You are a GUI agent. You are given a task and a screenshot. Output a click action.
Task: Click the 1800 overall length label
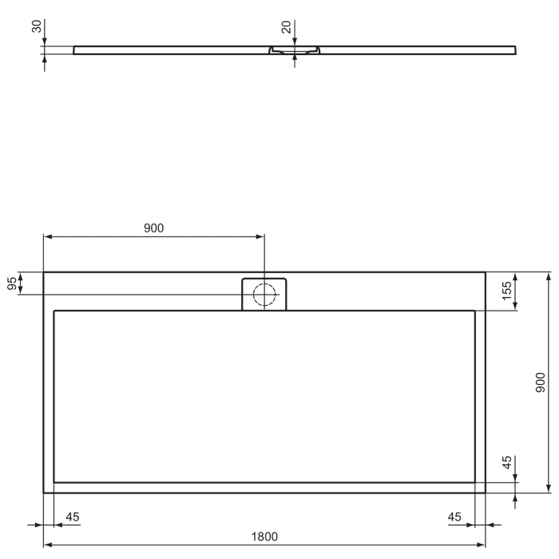pyautogui.click(x=264, y=537)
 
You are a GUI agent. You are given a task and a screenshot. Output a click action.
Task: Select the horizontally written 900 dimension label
pyautogui.click(x=153, y=228)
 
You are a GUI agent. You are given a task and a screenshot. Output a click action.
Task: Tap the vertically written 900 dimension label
pyautogui.click(x=541, y=383)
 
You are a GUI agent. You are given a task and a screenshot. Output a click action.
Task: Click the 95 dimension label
pyautogui.click(x=12, y=283)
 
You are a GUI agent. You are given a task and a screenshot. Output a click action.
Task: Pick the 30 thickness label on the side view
pyautogui.click(x=36, y=27)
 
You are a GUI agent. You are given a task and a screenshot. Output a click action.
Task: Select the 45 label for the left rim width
pyautogui.click(x=72, y=517)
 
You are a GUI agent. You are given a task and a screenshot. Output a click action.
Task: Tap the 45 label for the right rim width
pyautogui.click(x=455, y=517)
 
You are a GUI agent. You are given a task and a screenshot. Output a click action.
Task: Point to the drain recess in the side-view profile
pyautogui.click(x=295, y=51)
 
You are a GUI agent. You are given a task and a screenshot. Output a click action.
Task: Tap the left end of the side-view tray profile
pyautogui.click(x=75, y=50)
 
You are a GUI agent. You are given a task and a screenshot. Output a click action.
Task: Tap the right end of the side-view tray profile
pyautogui.click(x=514, y=50)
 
